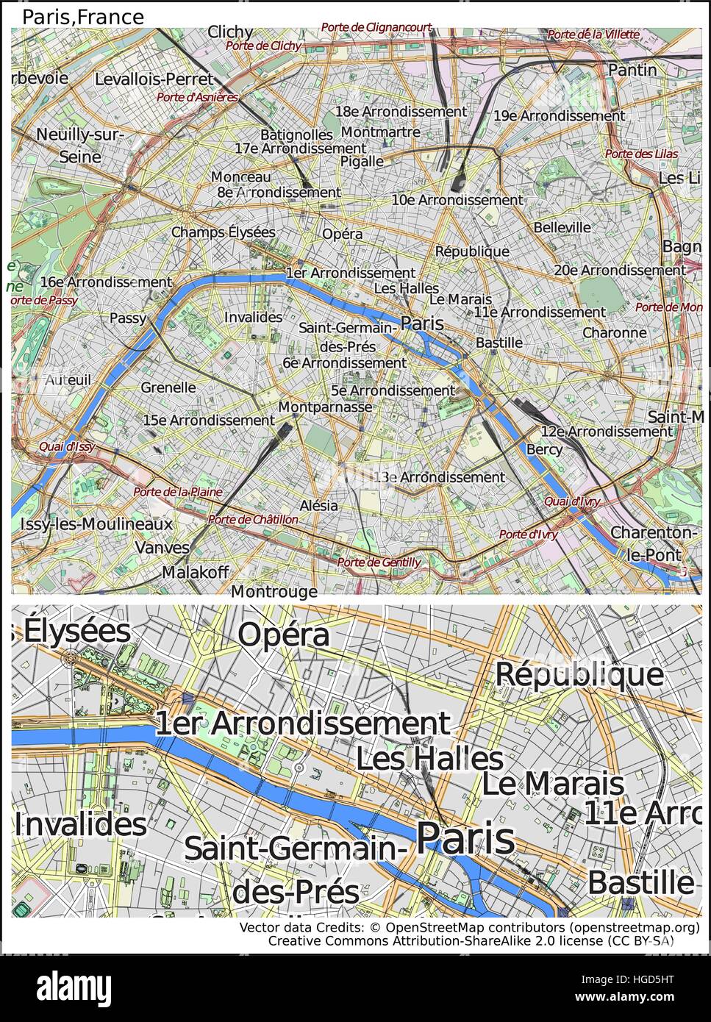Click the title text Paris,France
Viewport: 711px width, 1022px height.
point(83,17)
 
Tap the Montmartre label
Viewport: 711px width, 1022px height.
point(381,132)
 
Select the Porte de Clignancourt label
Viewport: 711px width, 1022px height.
point(376,27)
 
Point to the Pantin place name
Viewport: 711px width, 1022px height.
point(632,69)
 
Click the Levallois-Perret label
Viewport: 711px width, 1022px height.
point(154,79)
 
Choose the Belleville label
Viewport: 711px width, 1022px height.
point(562,227)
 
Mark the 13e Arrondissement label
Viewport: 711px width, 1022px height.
point(440,477)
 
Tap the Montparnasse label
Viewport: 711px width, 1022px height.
point(326,407)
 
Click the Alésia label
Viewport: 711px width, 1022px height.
point(319,505)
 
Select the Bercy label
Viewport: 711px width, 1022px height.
point(544,449)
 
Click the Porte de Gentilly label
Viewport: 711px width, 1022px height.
point(379,562)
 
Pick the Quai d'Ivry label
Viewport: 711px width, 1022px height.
point(571,501)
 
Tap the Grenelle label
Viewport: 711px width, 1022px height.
point(168,387)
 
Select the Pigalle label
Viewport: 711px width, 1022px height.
point(362,161)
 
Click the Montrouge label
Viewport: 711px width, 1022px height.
point(274,591)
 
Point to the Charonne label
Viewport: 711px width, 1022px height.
point(614,332)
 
